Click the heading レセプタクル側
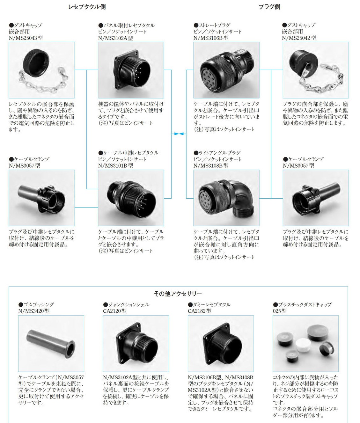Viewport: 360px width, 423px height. pyautogui.click(x=87, y=7)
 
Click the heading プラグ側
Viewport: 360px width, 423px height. pyautogui.click(x=269, y=7)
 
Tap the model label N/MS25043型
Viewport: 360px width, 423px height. pyautogui.click(x=26, y=38)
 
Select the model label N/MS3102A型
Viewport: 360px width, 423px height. pyautogui.click(x=115, y=38)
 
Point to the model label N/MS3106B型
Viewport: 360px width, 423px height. pyautogui.click(x=211, y=38)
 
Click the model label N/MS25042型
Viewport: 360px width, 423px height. pyautogui.click(x=299, y=38)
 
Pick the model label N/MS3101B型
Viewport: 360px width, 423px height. pyautogui.click(x=115, y=165)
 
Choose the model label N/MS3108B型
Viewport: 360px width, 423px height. pyautogui.click(x=211, y=165)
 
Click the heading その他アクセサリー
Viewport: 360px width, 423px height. pyautogui.click(x=178, y=294)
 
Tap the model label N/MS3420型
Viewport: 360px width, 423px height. pyautogui.click(x=34, y=311)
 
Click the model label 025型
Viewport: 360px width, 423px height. pyautogui.click(x=280, y=311)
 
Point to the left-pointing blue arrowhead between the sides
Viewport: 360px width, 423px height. pyautogui.click(x=183, y=134)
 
